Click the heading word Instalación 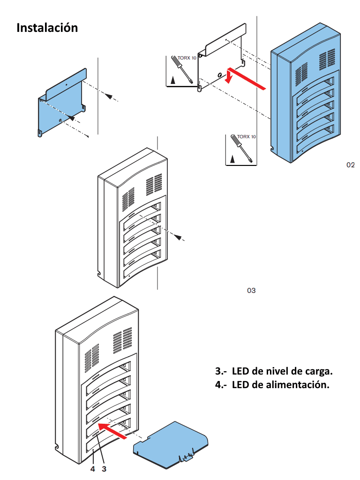tap(47, 28)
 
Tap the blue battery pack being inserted tap(172, 443)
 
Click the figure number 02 tap(350, 165)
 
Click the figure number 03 tap(251, 291)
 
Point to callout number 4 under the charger tap(93, 468)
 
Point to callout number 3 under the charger tap(104, 468)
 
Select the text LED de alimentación tap(273, 385)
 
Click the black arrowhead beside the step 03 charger tap(178, 237)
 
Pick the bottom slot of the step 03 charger tap(141, 270)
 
